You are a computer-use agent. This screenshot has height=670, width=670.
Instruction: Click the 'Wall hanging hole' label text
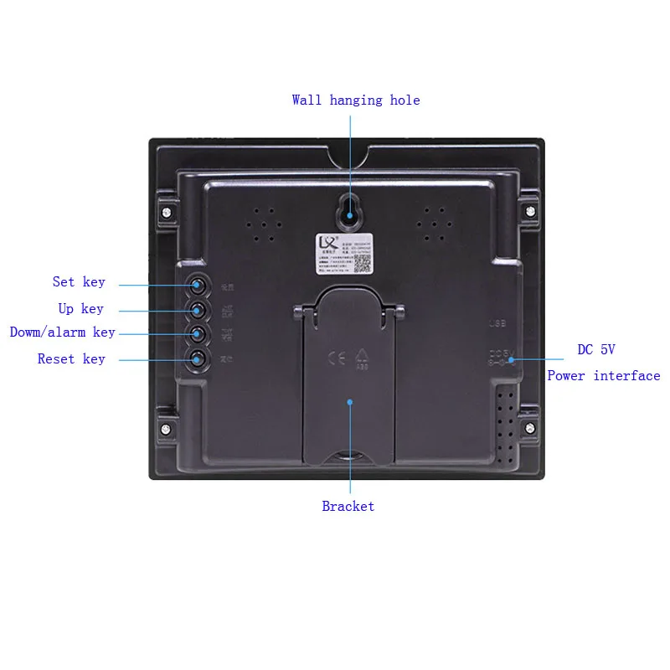coord(356,100)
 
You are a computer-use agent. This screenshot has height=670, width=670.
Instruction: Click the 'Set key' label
coord(79,282)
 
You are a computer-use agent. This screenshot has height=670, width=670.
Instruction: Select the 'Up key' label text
coord(81,309)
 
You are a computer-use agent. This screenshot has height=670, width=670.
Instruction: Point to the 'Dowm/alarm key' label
coord(63,332)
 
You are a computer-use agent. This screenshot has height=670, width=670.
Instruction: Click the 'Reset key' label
coord(71,359)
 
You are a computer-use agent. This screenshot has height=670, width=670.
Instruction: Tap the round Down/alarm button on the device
coord(198,334)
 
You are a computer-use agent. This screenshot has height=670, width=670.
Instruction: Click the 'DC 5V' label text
coord(596,350)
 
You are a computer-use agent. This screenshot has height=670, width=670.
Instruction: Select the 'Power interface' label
coord(604,376)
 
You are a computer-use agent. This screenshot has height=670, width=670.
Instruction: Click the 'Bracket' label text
coord(348,507)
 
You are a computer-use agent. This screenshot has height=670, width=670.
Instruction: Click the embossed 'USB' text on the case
coord(498,322)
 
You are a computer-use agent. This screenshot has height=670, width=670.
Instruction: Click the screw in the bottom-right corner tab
coord(529,428)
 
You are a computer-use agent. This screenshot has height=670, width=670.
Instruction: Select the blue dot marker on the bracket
coord(349,402)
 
